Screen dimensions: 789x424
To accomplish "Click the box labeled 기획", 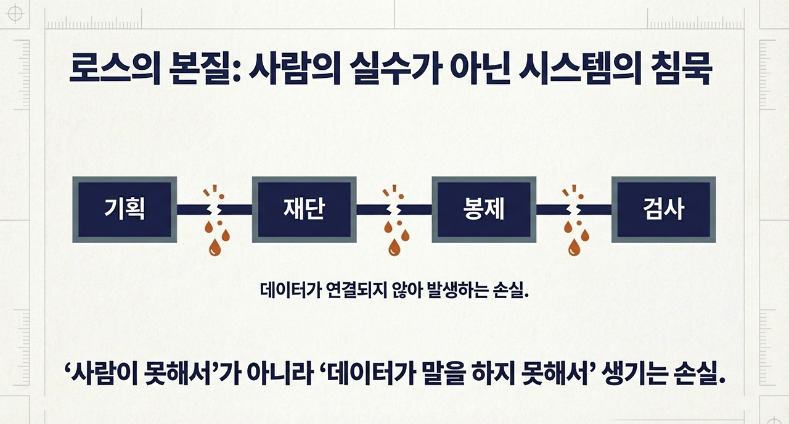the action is pyautogui.click(x=125, y=210).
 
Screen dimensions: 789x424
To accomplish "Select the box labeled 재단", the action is pyautogui.click(x=304, y=210).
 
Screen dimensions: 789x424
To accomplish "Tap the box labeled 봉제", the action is pyautogui.click(x=483, y=210).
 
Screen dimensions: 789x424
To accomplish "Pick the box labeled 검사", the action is pyautogui.click(x=663, y=210).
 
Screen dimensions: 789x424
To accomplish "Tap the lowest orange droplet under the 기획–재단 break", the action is pyautogui.click(x=215, y=248).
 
